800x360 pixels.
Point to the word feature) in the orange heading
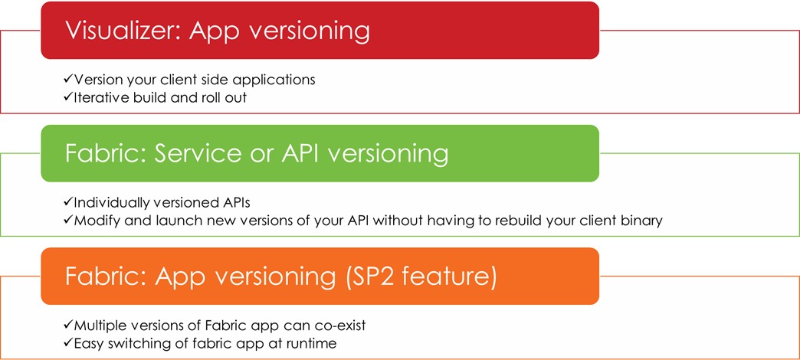448,278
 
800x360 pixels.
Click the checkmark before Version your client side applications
68,80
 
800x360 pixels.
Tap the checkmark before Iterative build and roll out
68,97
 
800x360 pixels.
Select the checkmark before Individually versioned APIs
68,202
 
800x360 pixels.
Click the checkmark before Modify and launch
68,221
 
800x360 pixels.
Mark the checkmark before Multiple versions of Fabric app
68,326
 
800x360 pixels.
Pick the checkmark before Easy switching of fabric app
68,343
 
